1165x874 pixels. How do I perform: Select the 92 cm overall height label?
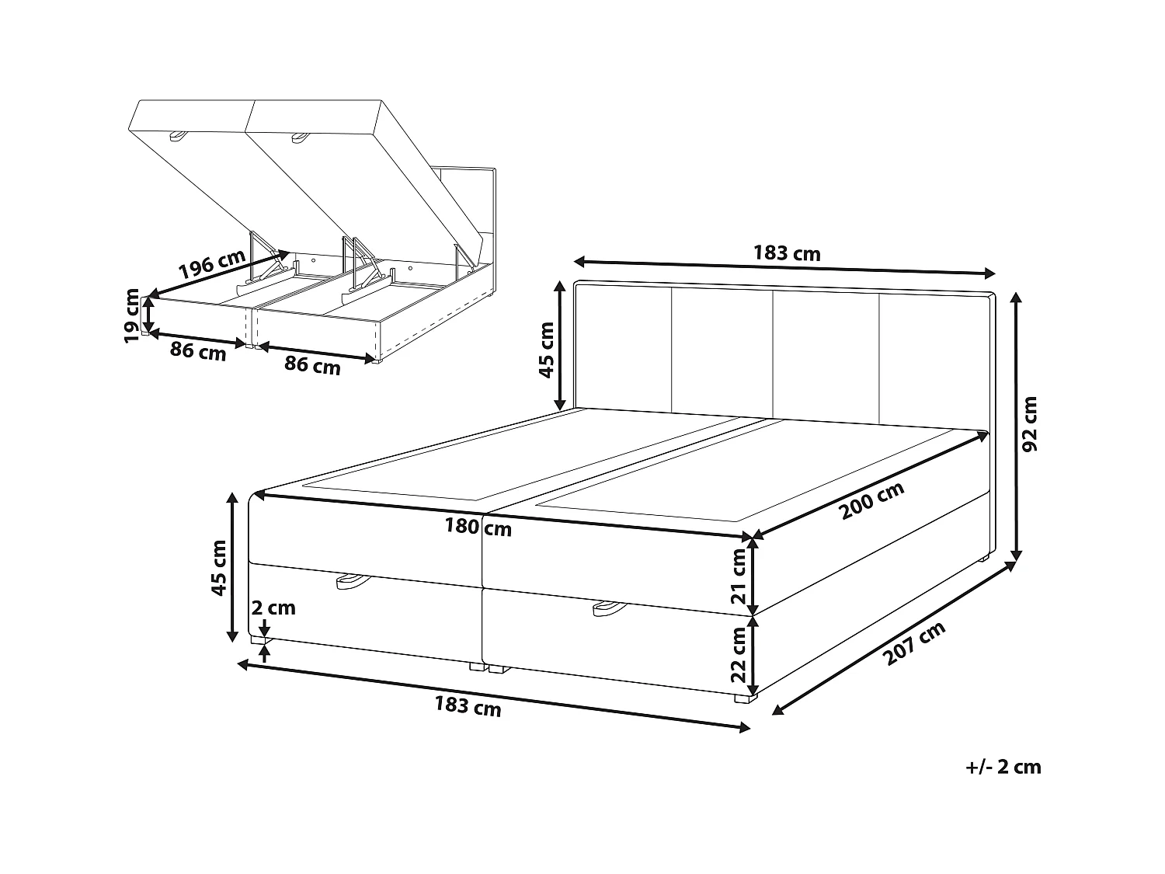[x=1030, y=424]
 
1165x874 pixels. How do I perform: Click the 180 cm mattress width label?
[x=478, y=528]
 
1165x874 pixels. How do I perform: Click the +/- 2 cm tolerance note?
[x=1003, y=767]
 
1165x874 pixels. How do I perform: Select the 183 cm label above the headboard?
[x=787, y=253]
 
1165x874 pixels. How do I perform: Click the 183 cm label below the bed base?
[x=468, y=706]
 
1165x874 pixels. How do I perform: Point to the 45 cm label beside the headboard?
[x=547, y=350]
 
